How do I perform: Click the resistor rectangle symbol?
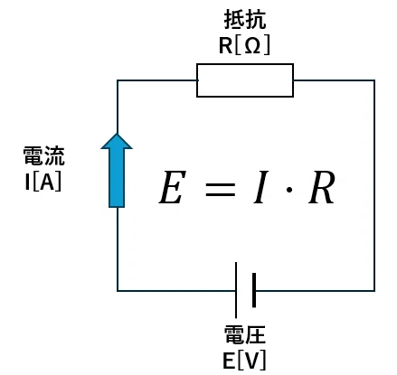click(x=245, y=64)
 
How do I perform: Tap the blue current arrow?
click(x=117, y=171)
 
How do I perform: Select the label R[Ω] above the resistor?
click(x=244, y=46)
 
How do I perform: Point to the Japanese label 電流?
click(x=44, y=156)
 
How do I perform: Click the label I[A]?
click(x=43, y=182)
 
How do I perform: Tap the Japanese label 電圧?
click(x=245, y=334)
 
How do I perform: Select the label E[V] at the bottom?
click(x=244, y=361)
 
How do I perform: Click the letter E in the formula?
click(x=172, y=187)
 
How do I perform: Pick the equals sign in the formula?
click(x=220, y=190)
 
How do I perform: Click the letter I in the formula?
click(x=261, y=187)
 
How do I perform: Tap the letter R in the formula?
click(x=321, y=187)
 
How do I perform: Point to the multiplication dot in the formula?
click(x=289, y=190)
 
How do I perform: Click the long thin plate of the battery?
click(x=236, y=290)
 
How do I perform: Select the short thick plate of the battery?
click(x=254, y=290)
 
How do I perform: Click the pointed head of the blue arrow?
click(x=117, y=141)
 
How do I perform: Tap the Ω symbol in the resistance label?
click(x=252, y=46)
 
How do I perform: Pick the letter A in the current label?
click(x=47, y=182)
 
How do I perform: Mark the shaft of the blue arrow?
click(x=117, y=178)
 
